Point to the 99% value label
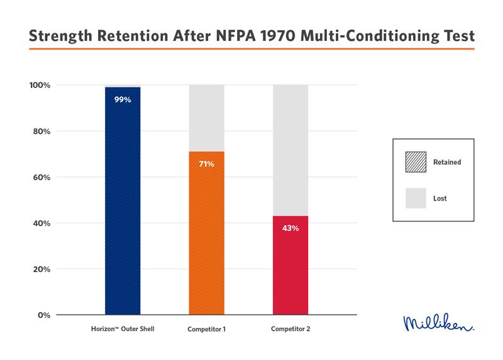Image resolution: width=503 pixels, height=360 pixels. click(123, 99)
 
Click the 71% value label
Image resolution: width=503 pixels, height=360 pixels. click(207, 164)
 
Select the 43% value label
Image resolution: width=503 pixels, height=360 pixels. click(290, 228)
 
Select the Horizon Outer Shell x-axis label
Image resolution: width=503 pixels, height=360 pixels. click(123, 329)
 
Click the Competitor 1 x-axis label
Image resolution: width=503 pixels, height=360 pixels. click(207, 329)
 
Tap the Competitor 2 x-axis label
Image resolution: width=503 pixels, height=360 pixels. click(290, 329)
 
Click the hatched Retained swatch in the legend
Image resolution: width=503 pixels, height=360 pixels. click(416, 162)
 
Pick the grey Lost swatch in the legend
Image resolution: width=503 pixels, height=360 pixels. click(416, 198)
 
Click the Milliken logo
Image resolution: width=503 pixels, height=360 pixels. click(438, 323)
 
